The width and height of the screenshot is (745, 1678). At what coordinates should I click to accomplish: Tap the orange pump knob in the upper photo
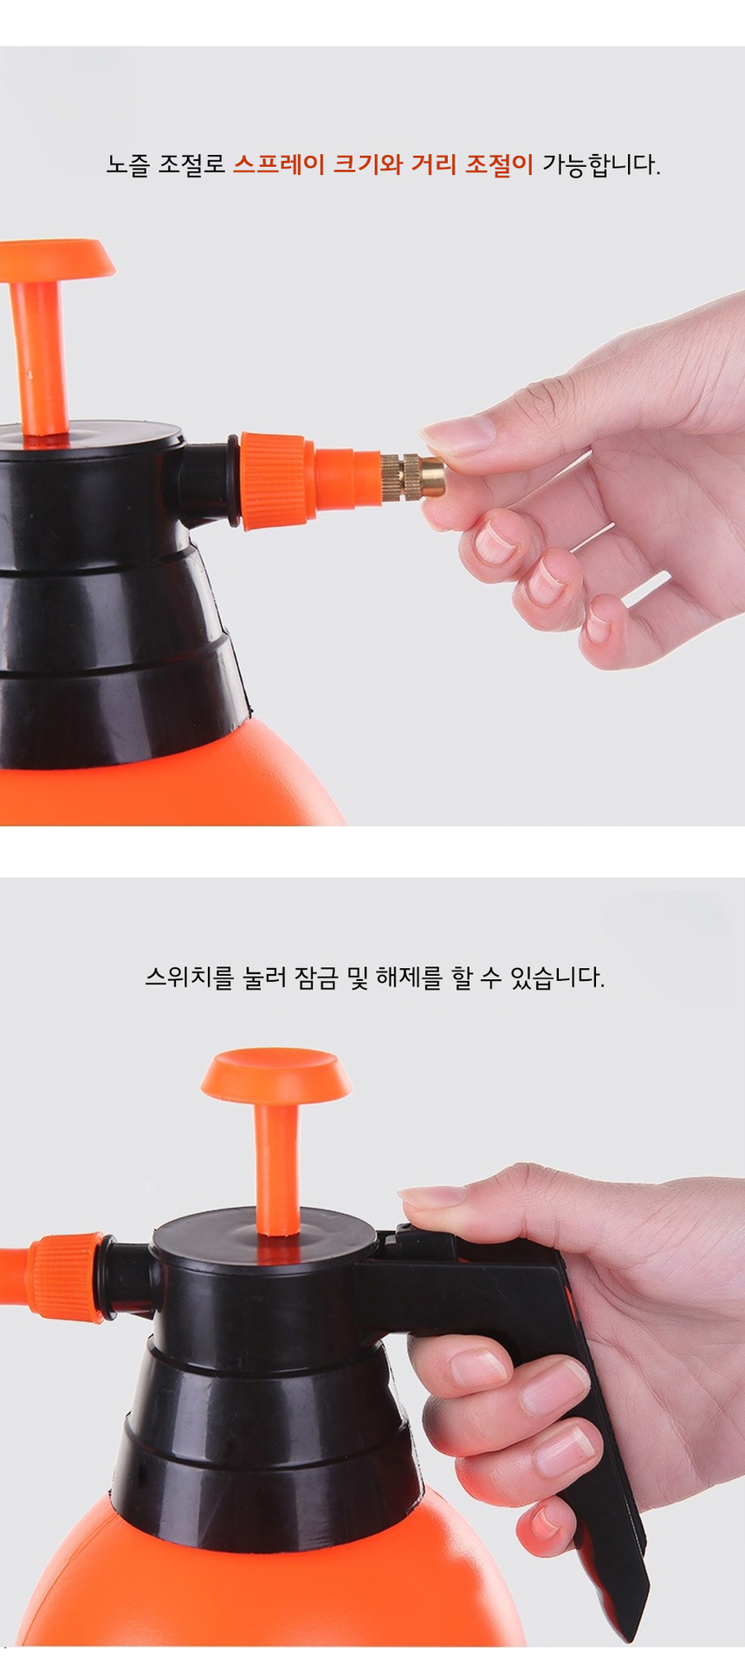56,260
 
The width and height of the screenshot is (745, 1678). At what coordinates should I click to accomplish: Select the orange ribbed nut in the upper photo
275,481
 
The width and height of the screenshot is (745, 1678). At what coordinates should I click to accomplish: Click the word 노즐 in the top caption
128,165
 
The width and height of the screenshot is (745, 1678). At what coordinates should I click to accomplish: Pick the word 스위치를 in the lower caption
189,978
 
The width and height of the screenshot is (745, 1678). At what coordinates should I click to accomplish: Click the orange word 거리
433,165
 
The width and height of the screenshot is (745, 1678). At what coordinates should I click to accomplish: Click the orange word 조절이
499,165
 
